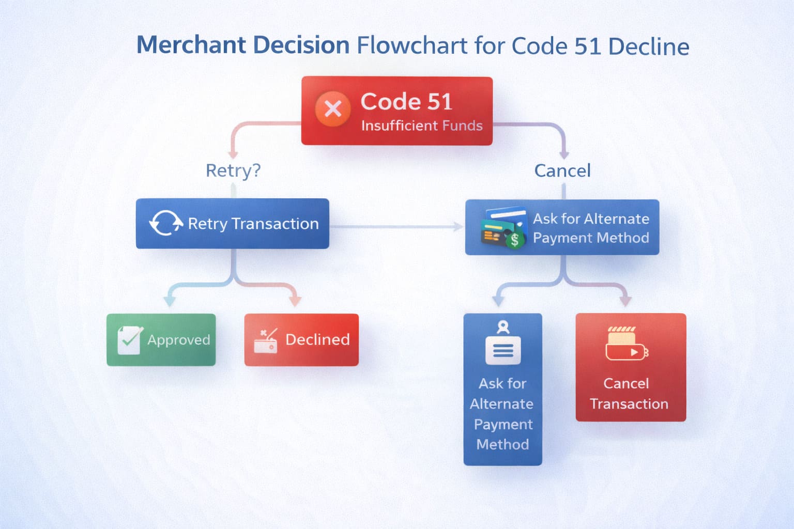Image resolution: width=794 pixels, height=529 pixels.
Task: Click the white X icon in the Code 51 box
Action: [333, 109]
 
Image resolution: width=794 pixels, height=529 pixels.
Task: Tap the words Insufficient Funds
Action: [422, 126]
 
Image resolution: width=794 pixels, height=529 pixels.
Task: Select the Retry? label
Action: [233, 170]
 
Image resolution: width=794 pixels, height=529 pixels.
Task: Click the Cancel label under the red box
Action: [562, 170]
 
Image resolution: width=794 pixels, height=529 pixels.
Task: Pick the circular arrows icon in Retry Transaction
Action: [165, 223]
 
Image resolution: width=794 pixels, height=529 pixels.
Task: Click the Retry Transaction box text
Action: [253, 224]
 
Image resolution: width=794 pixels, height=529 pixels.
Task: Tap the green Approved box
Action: [161, 339]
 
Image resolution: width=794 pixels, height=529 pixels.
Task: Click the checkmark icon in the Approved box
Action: [129, 339]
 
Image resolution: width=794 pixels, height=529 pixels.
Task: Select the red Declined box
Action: [301, 339]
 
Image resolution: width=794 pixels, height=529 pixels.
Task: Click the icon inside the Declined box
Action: [266, 341]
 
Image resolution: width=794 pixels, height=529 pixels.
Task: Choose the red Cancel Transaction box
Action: [631, 367]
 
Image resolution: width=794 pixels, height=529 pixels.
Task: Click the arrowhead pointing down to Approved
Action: [169, 301]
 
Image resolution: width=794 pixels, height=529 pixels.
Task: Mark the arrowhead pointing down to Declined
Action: [295, 301]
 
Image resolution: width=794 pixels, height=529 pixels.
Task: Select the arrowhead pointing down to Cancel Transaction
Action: [625, 301]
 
